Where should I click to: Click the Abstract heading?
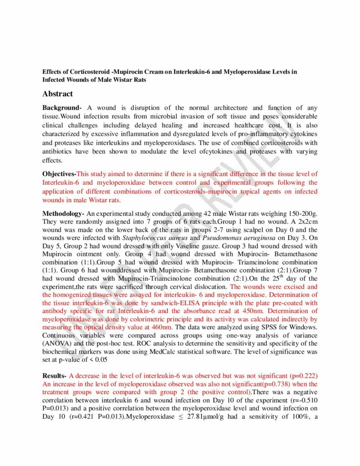click(x=57, y=94)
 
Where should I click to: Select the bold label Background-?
click(x=62, y=108)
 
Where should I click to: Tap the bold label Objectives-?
click(x=59, y=174)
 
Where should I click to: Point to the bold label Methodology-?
click(x=63, y=213)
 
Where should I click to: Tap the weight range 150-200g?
click(x=297, y=213)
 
